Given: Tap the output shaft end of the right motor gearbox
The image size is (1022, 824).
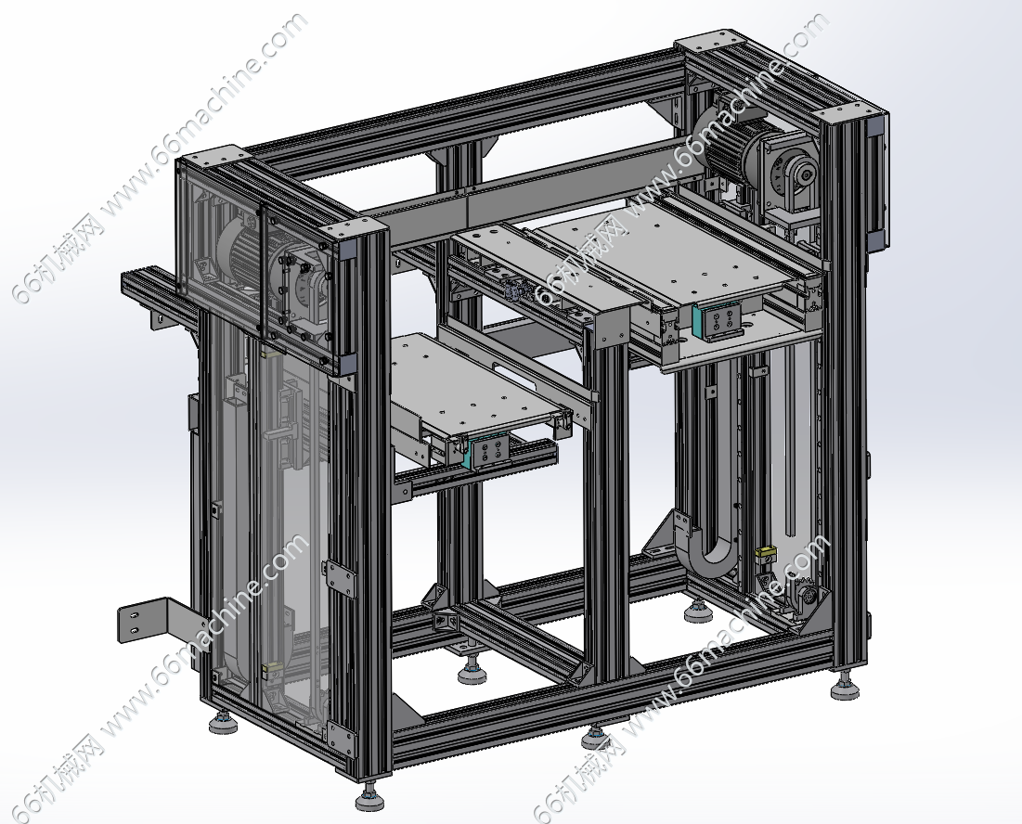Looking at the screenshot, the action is [808, 174].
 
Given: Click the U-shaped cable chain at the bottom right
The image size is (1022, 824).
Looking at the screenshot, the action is [709, 547].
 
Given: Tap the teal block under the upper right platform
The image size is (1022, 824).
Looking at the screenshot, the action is [697, 321].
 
